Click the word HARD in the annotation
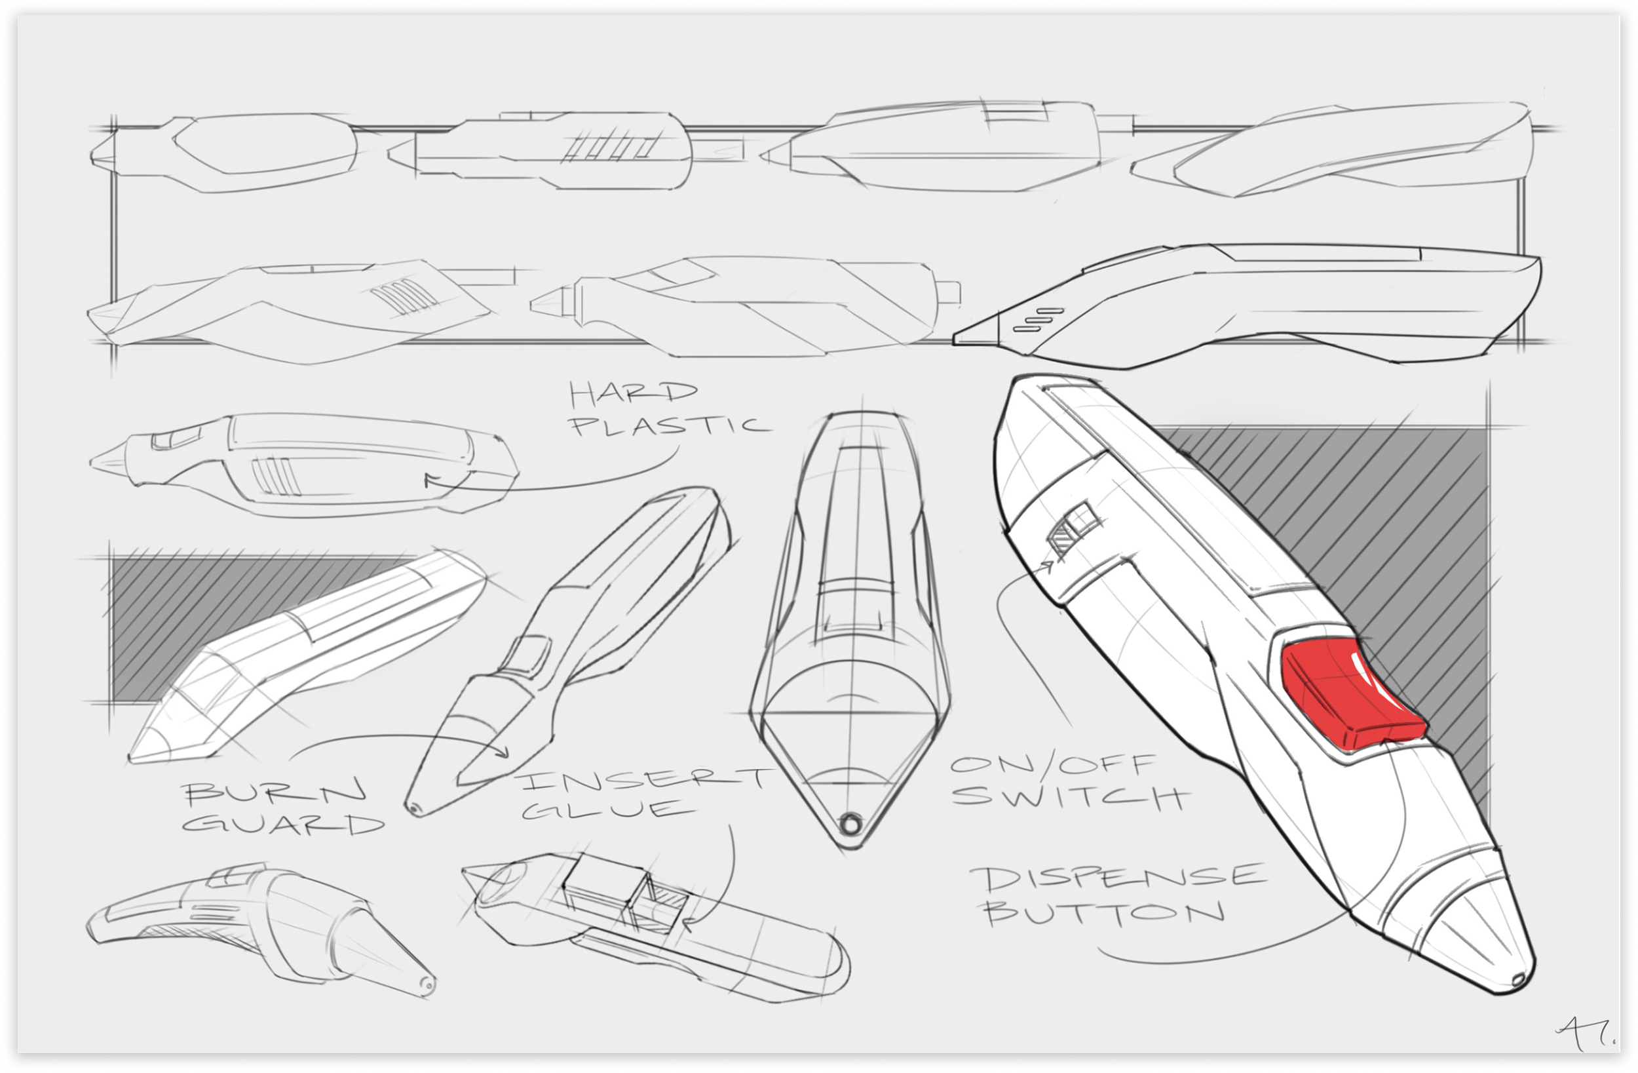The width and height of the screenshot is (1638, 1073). tap(632, 393)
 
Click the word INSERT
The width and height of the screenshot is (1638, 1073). tap(644, 781)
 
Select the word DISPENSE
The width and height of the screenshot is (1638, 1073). tap(1118, 878)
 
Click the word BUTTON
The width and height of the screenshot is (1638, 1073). tap(1104, 913)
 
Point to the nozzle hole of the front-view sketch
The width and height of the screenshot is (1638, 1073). tap(851, 823)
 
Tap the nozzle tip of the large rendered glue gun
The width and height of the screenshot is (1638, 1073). tap(1517, 979)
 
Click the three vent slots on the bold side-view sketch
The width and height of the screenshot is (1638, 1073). tap(1038, 320)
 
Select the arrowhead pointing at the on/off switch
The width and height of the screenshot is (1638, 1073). tap(1049, 566)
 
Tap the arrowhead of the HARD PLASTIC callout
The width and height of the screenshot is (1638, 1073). tap(429, 478)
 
